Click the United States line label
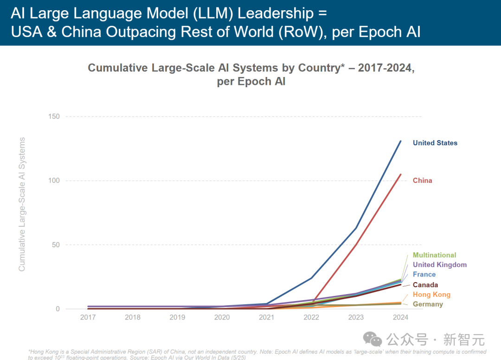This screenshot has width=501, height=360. point(435,143)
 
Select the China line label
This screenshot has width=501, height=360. point(422,180)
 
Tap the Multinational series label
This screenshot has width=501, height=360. point(434,255)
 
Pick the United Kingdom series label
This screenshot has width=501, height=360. point(439,265)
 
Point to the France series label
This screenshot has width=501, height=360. point(424,274)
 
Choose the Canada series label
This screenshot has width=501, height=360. point(425,285)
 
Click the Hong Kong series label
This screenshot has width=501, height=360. point(431,295)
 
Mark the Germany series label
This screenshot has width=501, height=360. point(428,304)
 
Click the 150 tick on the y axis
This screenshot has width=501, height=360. point(54,116)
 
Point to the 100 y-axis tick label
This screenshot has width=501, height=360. point(54,180)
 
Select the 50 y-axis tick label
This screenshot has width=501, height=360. point(56,245)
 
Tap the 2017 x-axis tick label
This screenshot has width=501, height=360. point(88,317)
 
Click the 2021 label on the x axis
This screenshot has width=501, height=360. point(266,317)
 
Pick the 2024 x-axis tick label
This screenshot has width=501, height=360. point(400,317)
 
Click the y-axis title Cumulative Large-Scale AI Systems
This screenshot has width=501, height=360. point(22,204)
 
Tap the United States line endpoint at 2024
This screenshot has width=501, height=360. point(401,141)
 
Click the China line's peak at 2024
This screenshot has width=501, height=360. point(401,174)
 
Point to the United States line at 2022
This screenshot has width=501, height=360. point(311,278)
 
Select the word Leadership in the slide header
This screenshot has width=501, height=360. point(275,13)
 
